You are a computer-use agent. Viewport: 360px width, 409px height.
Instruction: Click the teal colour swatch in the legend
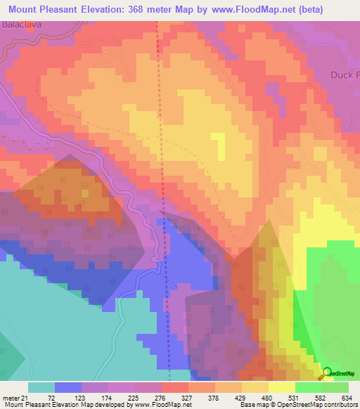[x=41, y=387]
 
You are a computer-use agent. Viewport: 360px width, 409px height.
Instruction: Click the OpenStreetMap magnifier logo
[x=327, y=374]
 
